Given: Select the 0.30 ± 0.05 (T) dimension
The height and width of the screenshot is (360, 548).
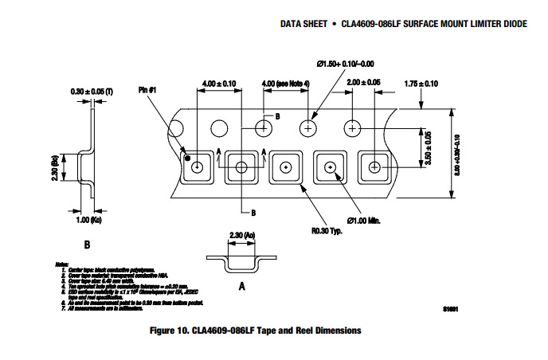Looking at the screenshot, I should click(x=92, y=93).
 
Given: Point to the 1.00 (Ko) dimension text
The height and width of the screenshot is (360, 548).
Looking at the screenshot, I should click(x=90, y=220).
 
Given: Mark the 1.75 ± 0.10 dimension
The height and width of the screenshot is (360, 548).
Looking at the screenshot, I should click(x=421, y=84).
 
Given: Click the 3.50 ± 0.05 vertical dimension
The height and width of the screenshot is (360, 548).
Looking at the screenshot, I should click(x=427, y=147).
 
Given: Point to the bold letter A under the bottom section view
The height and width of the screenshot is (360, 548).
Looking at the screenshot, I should click(x=241, y=283).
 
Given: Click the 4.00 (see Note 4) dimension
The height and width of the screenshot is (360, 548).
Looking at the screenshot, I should click(x=287, y=82).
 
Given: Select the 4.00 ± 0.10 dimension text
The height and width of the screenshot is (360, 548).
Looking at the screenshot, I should click(x=219, y=82).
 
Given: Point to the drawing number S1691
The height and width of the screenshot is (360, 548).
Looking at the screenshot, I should click(x=453, y=308).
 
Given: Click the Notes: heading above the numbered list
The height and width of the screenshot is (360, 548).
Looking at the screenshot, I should click(x=62, y=264).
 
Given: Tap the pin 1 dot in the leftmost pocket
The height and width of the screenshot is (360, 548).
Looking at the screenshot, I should click(x=187, y=159).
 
